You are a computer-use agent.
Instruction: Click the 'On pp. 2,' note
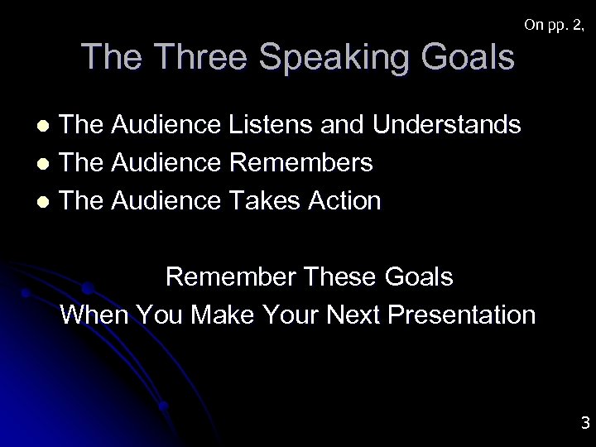coord(555,26)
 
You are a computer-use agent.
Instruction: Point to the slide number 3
coord(584,424)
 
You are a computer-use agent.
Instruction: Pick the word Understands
coord(447,125)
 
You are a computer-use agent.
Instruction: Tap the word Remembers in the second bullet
coord(300,162)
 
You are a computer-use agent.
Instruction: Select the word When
coord(92,315)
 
